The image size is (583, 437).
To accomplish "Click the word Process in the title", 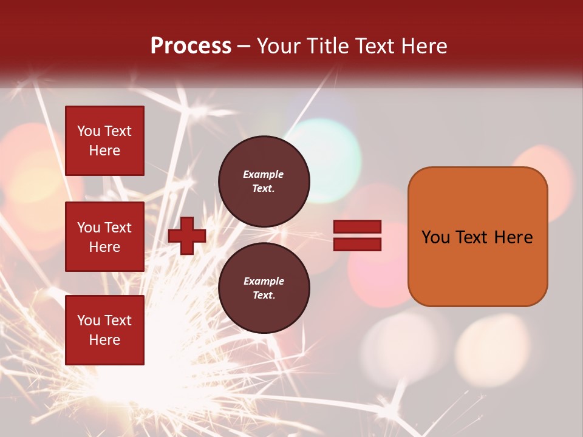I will [191, 46].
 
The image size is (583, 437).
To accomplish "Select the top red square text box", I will [104, 141].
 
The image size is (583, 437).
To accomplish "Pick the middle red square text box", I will [104, 237].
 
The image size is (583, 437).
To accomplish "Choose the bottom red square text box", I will [104, 330].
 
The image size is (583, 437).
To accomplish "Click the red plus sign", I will [187, 235].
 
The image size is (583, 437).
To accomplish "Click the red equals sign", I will [357, 235].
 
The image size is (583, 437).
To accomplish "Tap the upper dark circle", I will [264, 181].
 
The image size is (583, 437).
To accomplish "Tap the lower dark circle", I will [264, 288].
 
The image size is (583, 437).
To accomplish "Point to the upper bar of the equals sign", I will [357, 227].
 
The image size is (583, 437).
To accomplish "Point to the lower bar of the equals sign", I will [357, 244].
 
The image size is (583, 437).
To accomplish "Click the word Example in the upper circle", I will [264, 175].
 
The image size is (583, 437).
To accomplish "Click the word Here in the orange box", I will [513, 237].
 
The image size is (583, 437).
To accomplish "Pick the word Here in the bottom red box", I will [104, 340].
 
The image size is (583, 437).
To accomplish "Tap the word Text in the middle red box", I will [118, 228].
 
